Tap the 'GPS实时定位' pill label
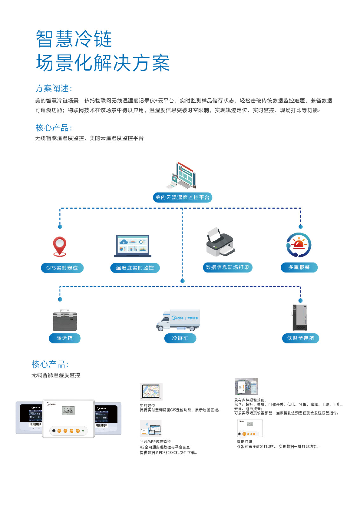click(62, 268)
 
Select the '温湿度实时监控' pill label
click(135, 268)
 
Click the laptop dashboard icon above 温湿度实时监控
click(133, 246)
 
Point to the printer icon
click(220, 242)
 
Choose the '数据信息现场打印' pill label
click(227, 267)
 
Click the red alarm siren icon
click(299, 245)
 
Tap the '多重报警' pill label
click(299, 267)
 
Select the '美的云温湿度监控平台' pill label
click(183, 198)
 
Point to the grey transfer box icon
click(65, 320)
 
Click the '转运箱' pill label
click(65, 338)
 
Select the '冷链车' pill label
click(180, 338)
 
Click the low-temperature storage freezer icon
click(300, 318)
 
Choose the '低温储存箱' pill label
click(301, 338)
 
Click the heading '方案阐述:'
click(53, 88)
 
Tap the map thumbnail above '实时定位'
click(151, 391)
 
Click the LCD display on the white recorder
click(68, 410)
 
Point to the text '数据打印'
click(244, 442)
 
